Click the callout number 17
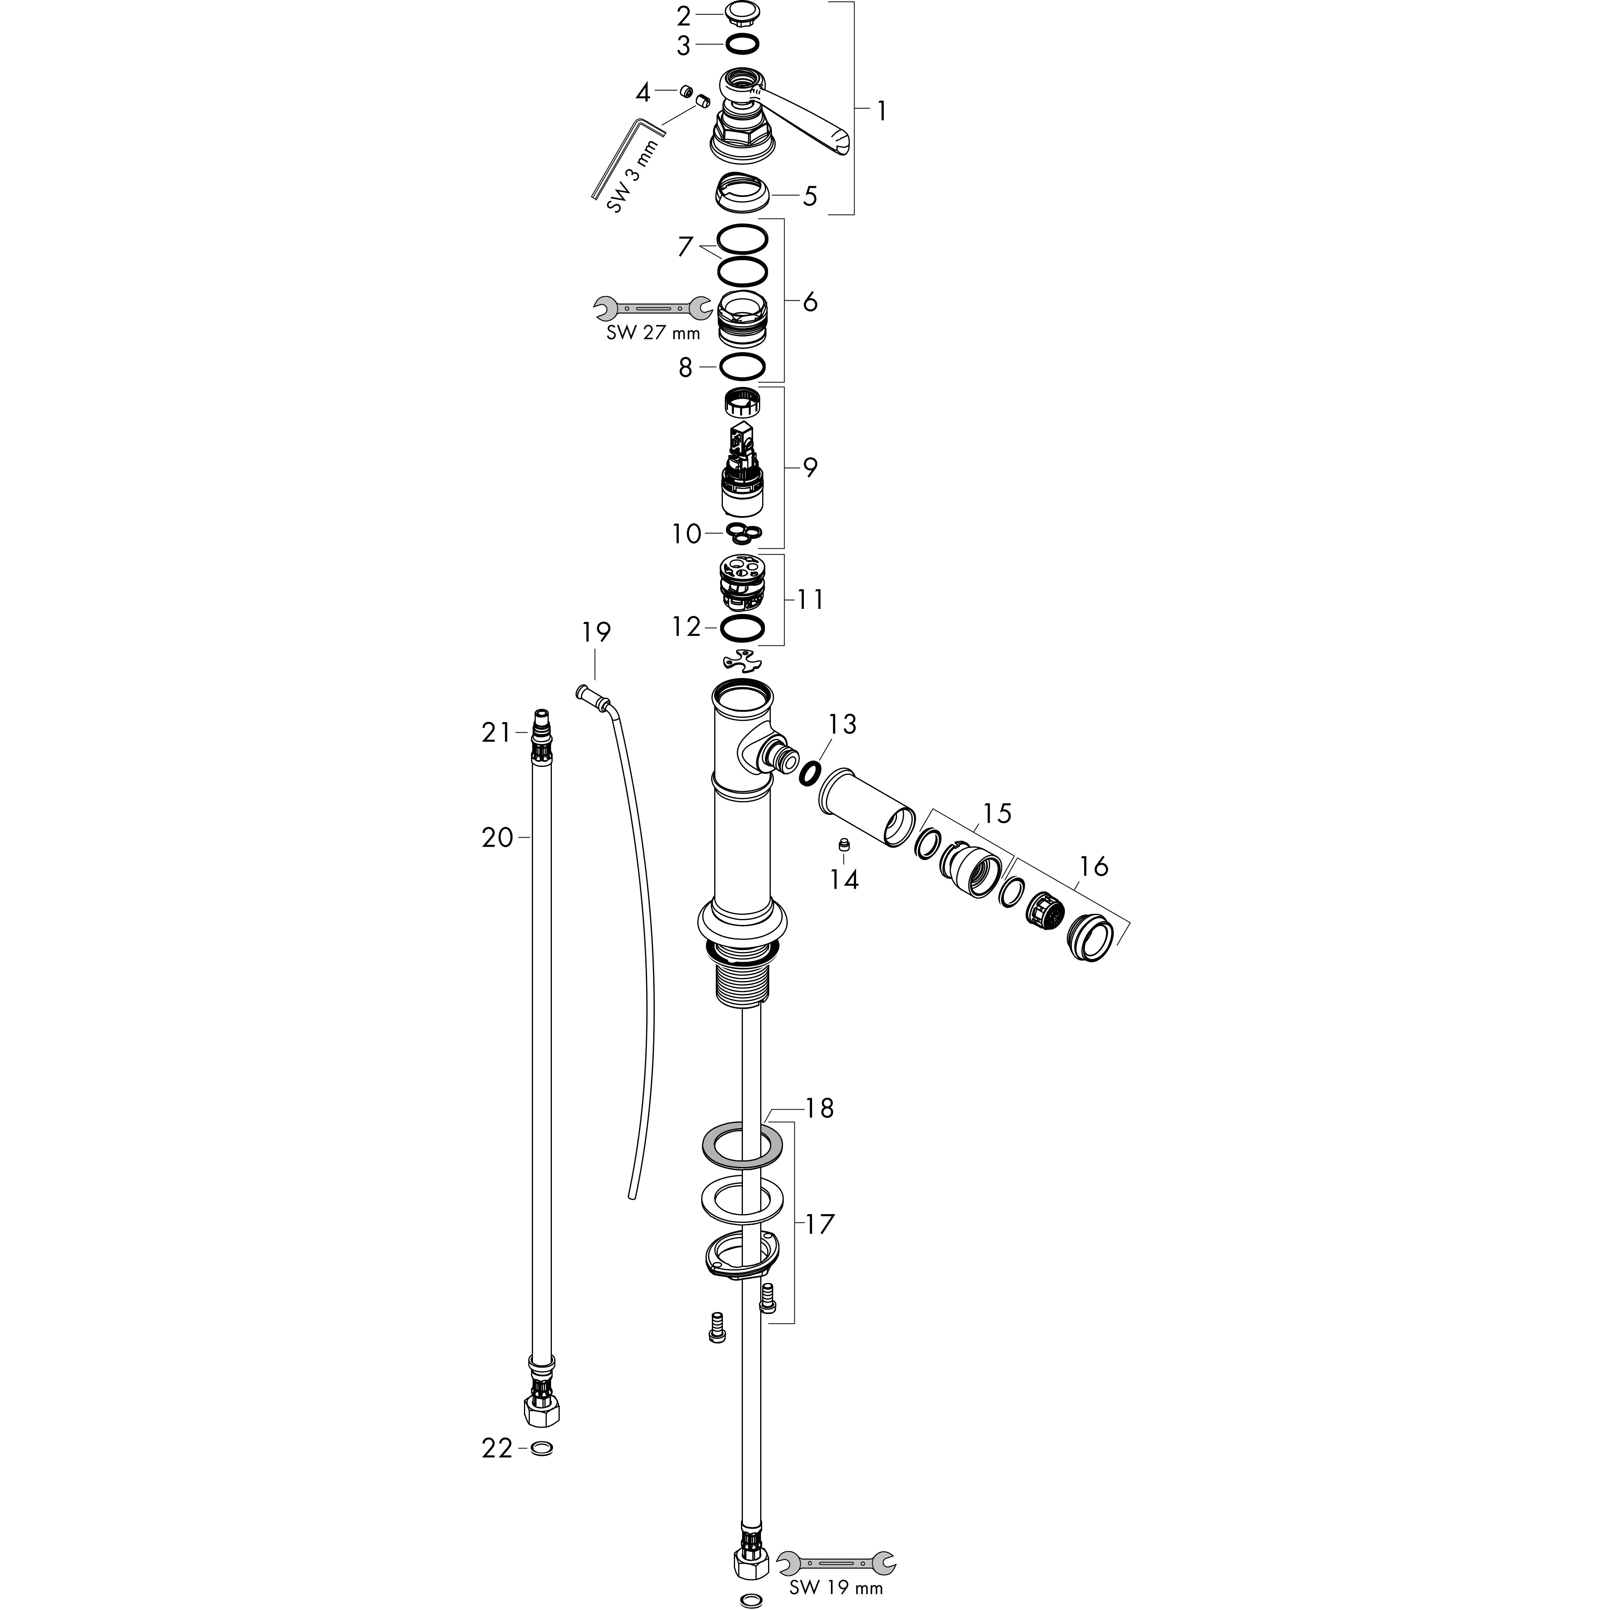(x=820, y=1224)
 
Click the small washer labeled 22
(x=541, y=1448)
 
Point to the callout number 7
(x=685, y=247)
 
